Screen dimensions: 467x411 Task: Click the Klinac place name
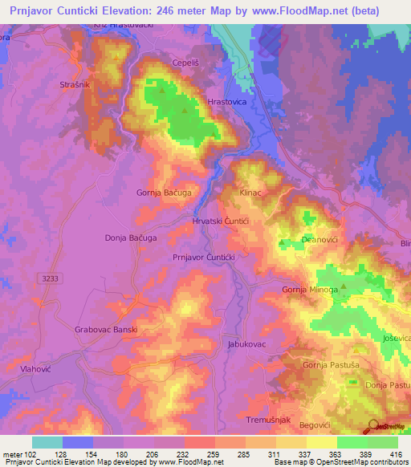(x=252, y=193)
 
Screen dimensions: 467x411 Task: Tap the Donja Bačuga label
(x=130, y=238)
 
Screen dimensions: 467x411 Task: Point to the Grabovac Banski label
(x=106, y=329)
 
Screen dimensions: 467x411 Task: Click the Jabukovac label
(x=246, y=343)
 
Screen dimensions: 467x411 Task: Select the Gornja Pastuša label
(x=329, y=365)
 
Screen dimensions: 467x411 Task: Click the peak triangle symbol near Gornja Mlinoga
(x=344, y=285)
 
